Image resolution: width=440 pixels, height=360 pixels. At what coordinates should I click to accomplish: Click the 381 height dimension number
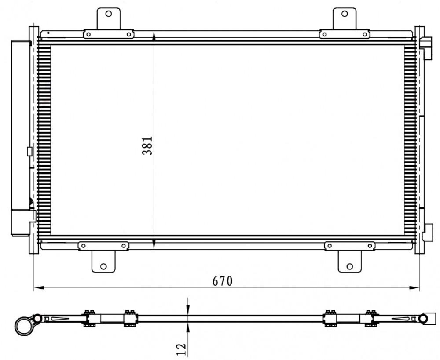click(147, 145)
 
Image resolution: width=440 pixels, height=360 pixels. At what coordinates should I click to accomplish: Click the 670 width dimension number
click(223, 281)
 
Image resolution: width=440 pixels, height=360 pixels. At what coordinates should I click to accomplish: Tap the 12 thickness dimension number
click(182, 349)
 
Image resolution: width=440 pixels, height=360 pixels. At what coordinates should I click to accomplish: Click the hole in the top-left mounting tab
click(109, 14)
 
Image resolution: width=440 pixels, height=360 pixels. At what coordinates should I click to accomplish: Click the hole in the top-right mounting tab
click(345, 14)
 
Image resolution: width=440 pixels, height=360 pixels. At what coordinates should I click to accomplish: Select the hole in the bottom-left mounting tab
click(103, 266)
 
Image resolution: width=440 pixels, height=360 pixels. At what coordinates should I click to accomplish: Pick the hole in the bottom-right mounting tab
click(350, 266)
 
